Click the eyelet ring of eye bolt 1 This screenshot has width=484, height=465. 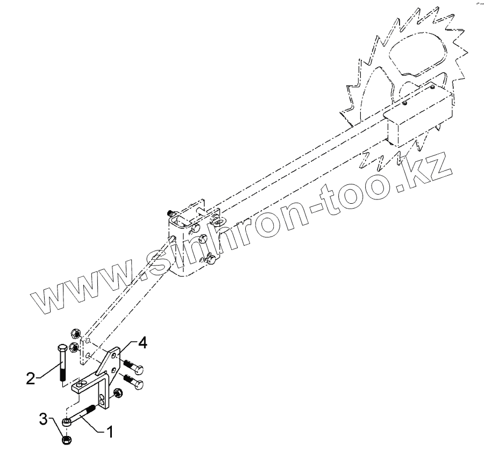[x=66, y=424]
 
